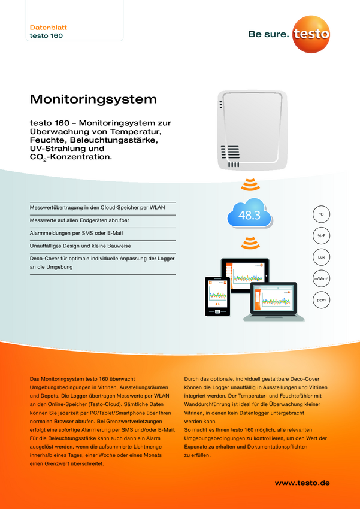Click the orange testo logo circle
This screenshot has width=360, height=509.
coord(311,34)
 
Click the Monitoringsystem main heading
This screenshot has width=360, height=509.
coord(93,99)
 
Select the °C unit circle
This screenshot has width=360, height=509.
coord(321,214)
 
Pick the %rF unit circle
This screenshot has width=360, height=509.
coord(321,236)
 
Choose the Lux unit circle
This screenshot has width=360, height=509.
coord(321,257)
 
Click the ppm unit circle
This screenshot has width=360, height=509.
coord(321,300)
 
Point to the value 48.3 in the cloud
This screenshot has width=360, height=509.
coord(249,215)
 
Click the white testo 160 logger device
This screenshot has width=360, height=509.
coord(252,129)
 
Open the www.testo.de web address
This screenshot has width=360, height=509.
coord(302,483)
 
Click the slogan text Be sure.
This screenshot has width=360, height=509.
coord(268,34)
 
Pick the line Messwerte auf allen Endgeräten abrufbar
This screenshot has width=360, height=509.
coord(79,220)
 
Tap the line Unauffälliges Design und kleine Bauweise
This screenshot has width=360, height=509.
coord(80,246)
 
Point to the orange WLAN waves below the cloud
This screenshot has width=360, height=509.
coord(250,244)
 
